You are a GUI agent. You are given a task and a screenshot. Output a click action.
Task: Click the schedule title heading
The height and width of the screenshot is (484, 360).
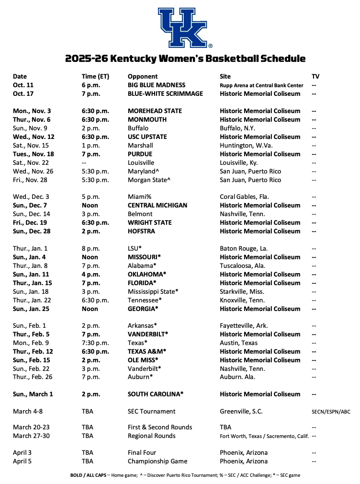(x=185, y=59)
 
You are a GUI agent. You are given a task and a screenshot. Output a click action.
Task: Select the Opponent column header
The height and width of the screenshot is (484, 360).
(x=142, y=76)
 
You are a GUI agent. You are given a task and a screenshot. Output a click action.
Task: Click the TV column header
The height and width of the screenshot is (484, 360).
(x=315, y=76)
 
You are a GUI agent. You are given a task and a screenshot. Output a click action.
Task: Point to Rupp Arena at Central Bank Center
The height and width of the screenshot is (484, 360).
(x=261, y=85)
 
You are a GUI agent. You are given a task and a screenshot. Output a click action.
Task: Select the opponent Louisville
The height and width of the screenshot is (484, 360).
(x=141, y=162)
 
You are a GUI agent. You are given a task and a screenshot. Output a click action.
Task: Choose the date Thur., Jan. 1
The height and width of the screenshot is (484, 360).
(x=30, y=249)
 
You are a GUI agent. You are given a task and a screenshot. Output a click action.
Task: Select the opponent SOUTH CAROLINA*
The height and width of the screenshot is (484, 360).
(x=156, y=394)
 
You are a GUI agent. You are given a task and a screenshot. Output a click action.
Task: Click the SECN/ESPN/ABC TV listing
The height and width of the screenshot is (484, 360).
(x=331, y=412)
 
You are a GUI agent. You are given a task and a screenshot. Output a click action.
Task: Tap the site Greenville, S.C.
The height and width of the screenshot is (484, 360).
(x=241, y=411)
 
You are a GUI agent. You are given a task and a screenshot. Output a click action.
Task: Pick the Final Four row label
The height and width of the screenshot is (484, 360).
(x=142, y=452)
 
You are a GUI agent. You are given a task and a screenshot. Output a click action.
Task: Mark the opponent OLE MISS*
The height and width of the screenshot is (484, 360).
(x=143, y=360)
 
